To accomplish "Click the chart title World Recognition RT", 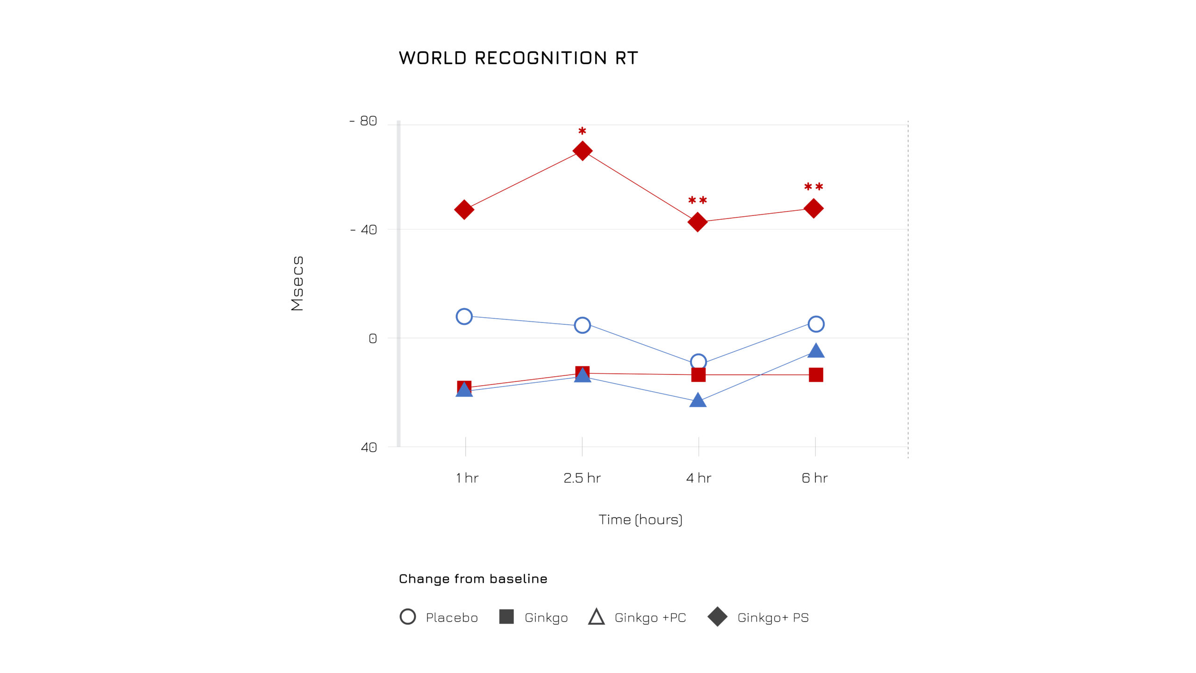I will [x=518, y=58].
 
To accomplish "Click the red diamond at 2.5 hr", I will [x=582, y=150].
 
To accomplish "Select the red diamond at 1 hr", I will [x=464, y=209].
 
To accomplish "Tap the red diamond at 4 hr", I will [x=698, y=222].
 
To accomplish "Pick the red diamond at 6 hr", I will [x=813, y=208].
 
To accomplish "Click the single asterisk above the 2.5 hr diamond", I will [x=582, y=131].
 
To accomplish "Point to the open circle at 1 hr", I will [x=464, y=316].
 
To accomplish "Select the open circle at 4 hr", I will [x=698, y=362].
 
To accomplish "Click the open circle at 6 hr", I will [x=816, y=324].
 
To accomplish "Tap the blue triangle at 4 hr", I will [x=698, y=401].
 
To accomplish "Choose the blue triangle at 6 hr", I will [x=816, y=351].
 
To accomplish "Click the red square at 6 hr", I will [x=816, y=375].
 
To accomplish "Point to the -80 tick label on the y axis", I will [x=363, y=121].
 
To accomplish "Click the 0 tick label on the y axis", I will [x=372, y=338].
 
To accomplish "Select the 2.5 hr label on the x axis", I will [x=582, y=478].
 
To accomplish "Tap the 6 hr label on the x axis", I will [x=814, y=478].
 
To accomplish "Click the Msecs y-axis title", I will [x=297, y=283].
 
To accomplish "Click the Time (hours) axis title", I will [x=641, y=520].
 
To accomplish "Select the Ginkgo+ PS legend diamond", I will [x=718, y=617].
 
